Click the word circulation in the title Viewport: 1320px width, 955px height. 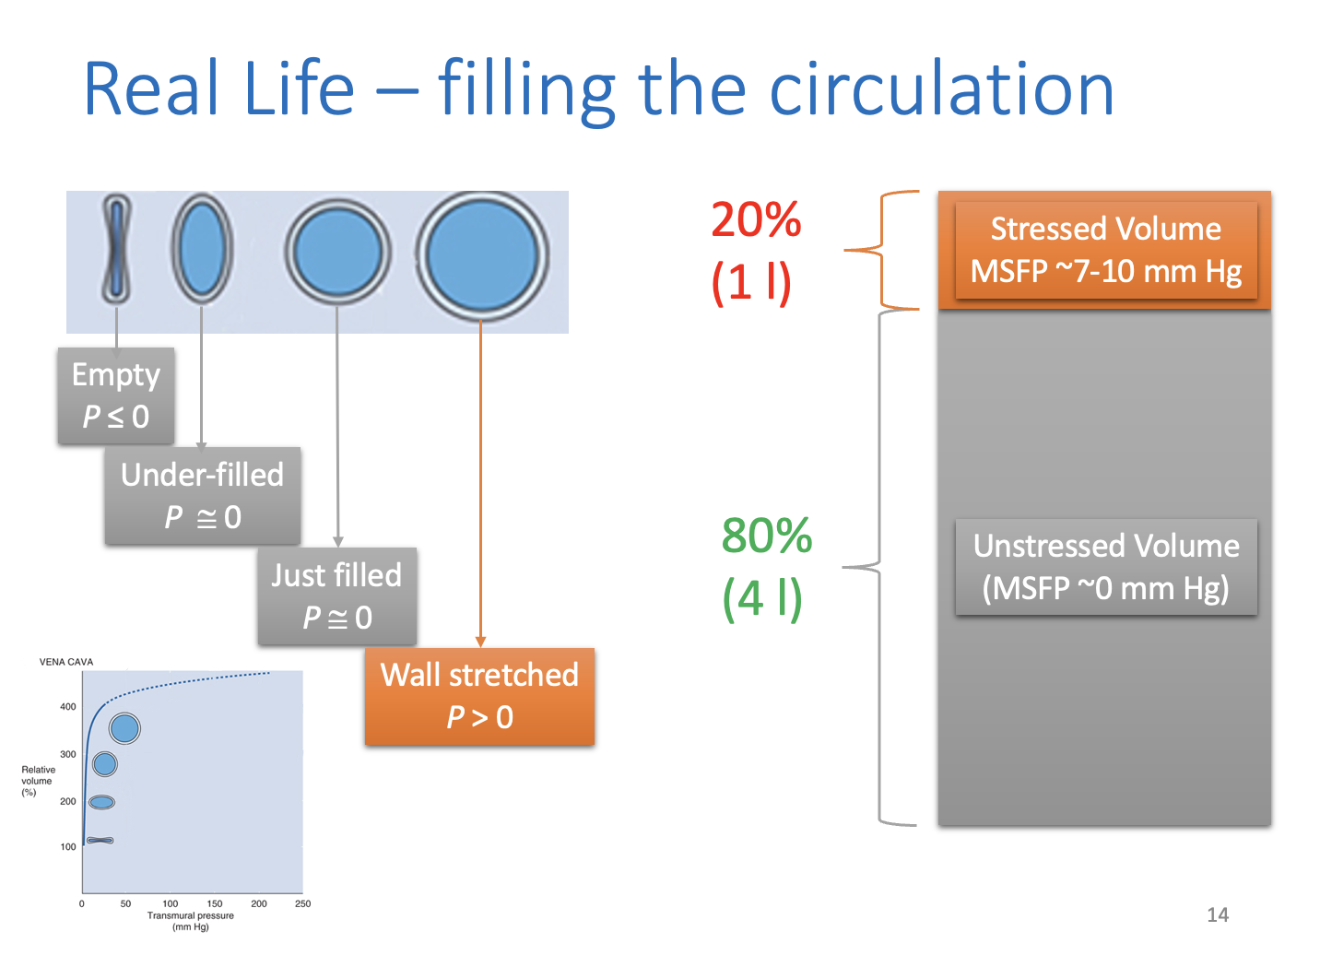(x=941, y=88)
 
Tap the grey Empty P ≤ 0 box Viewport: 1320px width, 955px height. (x=116, y=395)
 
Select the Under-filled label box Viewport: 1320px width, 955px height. (x=203, y=495)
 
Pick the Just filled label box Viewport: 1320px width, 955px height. (x=337, y=595)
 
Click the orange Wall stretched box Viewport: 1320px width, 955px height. (x=479, y=696)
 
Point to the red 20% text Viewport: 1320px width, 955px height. (x=756, y=219)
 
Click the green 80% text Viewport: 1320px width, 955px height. (x=767, y=535)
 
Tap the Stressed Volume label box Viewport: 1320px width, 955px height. (x=1106, y=250)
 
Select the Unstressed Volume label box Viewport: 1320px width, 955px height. (x=1106, y=567)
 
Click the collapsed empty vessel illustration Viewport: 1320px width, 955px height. (x=117, y=249)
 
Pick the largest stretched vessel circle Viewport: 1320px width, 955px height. (x=482, y=255)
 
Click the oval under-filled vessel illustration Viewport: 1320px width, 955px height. (x=202, y=249)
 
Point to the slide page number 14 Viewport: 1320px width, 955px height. (x=1218, y=914)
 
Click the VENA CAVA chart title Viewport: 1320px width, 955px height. (x=66, y=662)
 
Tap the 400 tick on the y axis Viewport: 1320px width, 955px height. (x=68, y=706)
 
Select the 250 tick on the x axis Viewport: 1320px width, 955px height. (x=303, y=903)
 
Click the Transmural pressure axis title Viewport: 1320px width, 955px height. (x=190, y=915)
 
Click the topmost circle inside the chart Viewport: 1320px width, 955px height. (x=124, y=728)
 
